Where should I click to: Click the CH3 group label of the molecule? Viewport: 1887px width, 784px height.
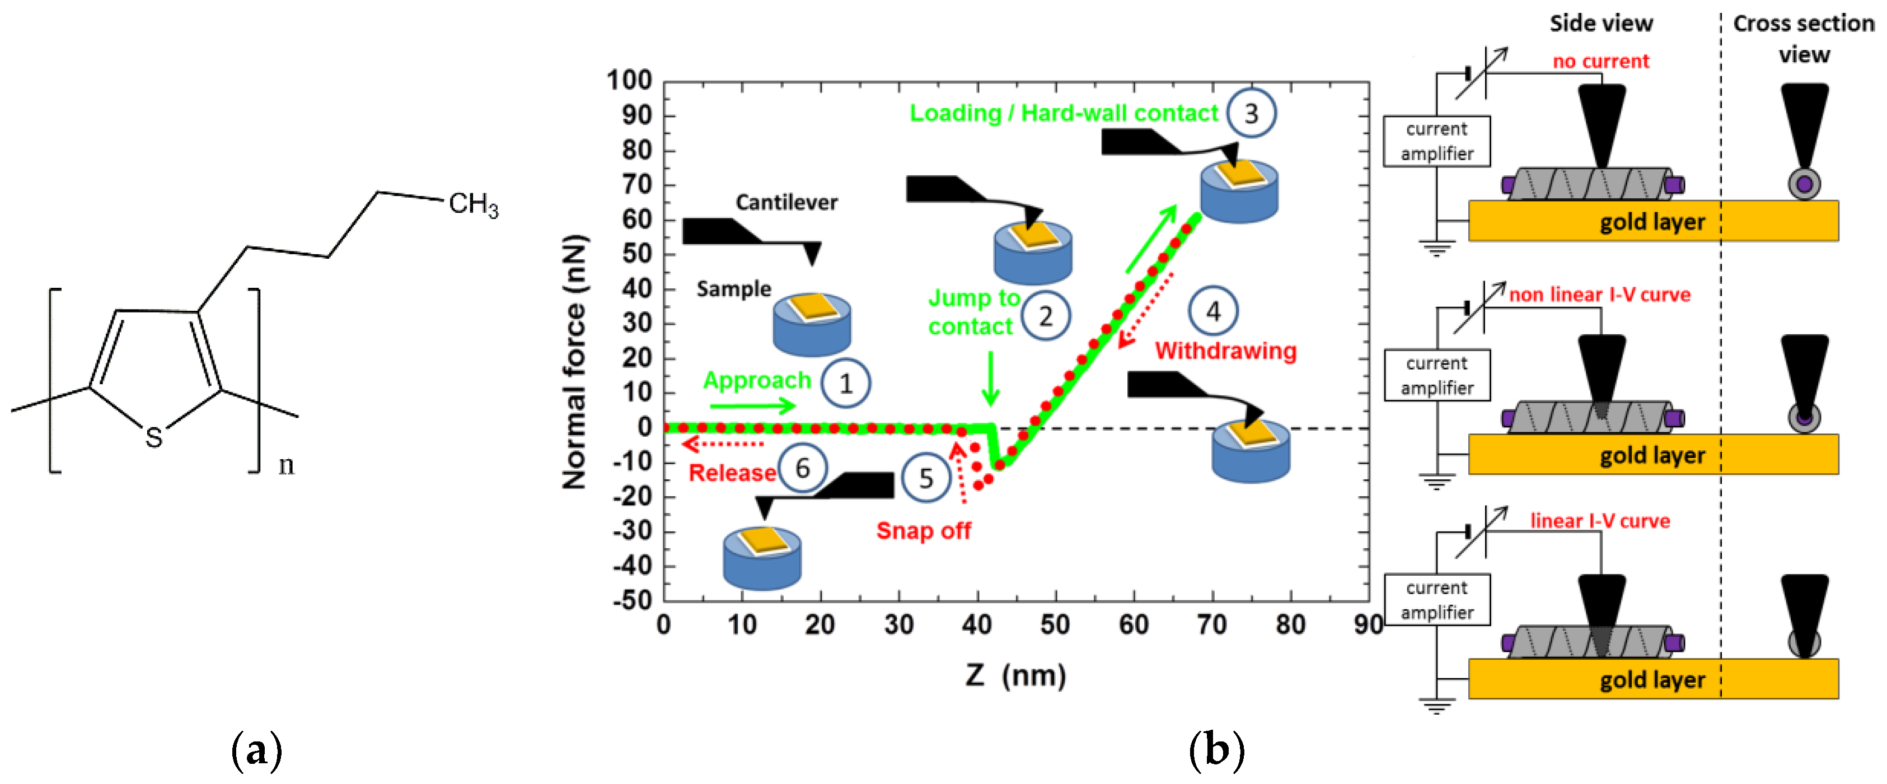tap(473, 204)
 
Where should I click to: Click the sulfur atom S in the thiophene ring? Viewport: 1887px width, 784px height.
tap(153, 437)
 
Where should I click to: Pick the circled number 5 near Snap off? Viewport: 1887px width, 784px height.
tap(926, 478)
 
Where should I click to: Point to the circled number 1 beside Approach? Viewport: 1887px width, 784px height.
tap(846, 383)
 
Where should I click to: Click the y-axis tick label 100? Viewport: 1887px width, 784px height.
tap(629, 80)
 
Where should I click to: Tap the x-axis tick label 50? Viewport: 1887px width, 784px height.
tap(1055, 625)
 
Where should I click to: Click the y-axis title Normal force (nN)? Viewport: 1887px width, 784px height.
tap(575, 363)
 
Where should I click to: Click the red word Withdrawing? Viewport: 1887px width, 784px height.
tap(1225, 351)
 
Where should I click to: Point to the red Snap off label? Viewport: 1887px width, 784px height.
tap(923, 530)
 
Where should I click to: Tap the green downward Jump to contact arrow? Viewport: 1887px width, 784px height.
tap(990, 378)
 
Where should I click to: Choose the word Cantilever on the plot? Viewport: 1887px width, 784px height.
tap(786, 202)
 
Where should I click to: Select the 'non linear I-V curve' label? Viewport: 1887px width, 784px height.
tap(1599, 295)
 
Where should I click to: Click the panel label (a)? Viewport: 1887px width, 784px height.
tap(256, 751)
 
